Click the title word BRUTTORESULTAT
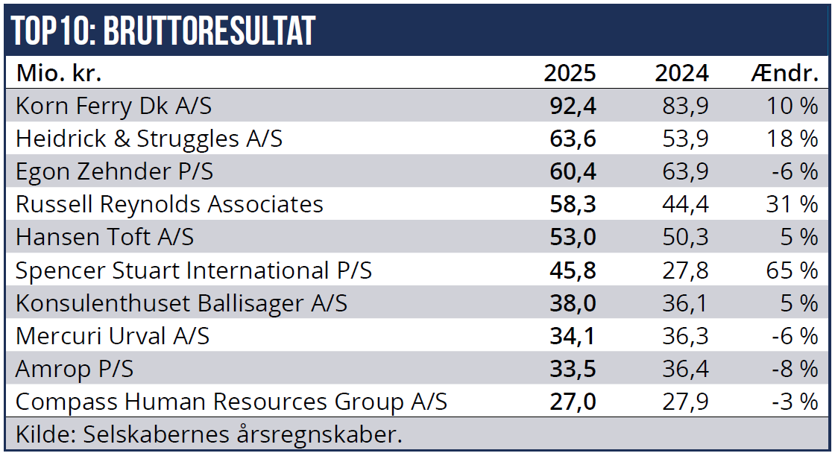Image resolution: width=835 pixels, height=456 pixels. (x=209, y=31)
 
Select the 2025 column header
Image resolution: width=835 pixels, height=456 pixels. (x=570, y=73)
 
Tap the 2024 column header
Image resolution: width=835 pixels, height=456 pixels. (x=681, y=73)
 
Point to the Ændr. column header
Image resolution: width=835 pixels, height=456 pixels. (x=784, y=73)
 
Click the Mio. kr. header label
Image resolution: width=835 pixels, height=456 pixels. (x=59, y=73)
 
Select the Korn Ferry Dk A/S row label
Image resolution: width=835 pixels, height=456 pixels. (x=113, y=107)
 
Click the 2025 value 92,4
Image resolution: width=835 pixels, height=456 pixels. (x=573, y=107)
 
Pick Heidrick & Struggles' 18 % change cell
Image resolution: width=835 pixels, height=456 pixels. (x=792, y=139)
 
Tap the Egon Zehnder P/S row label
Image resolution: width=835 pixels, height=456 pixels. (x=115, y=172)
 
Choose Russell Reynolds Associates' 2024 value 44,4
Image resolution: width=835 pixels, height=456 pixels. (x=685, y=204)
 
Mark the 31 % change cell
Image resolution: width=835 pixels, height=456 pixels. (x=792, y=204)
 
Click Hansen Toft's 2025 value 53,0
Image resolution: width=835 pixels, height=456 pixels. (x=573, y=237)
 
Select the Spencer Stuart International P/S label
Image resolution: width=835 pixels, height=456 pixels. (x=194, y=270)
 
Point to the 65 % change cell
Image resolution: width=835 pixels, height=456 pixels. (x=792, y=270)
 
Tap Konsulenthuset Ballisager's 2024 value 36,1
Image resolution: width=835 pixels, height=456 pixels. (x=685, y=303)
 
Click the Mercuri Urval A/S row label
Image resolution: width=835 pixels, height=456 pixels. (x=113, y=336)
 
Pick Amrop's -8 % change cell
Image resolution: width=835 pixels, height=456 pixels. (x=795, y=369)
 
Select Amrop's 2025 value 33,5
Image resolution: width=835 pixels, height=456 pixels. (x=573, y=369)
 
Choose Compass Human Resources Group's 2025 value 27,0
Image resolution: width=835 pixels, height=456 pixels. (x=573, y=402)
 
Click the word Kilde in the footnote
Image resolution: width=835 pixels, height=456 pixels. (x=45, y=434)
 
